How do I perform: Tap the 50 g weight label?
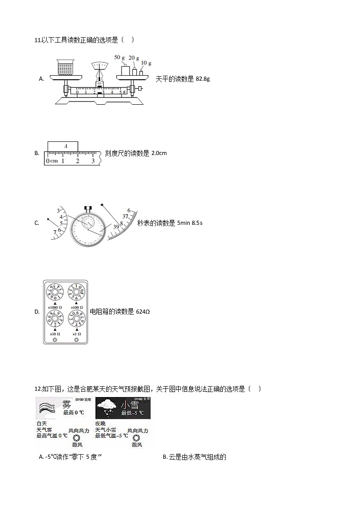point(119,58)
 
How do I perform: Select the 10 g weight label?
point(146,63)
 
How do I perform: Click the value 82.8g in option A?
point(202,79)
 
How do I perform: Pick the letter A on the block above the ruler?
point(65,146)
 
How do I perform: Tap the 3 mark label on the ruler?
point(93,161)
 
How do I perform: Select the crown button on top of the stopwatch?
point(88,209)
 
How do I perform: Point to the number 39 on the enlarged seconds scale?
point(116,227)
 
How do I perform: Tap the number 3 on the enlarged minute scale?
point(58,210)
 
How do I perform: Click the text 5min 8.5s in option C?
point(190,223)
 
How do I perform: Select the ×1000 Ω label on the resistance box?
point(55,308)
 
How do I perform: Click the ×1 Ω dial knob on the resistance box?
point(77,319)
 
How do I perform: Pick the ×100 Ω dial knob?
point(77,293)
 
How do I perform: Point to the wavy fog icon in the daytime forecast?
point(47,407)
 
